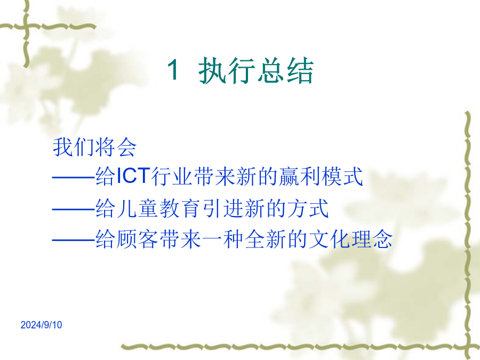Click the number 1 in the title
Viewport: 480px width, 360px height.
174,70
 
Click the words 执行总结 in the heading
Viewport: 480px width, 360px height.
256,70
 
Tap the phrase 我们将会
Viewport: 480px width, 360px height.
94,147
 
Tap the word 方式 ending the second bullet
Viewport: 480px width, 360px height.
308,209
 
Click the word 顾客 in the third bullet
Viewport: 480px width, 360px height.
138,239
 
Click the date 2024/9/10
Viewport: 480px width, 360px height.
41,325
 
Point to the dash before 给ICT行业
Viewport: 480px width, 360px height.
74,177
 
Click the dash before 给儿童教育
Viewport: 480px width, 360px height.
74,210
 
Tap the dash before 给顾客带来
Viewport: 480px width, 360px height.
74,240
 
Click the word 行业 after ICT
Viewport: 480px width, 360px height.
172,177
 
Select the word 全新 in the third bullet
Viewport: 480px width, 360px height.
266,239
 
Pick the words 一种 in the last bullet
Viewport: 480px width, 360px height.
222,239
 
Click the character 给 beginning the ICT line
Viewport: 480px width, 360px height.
106,177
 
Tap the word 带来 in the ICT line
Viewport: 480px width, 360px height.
214,177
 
